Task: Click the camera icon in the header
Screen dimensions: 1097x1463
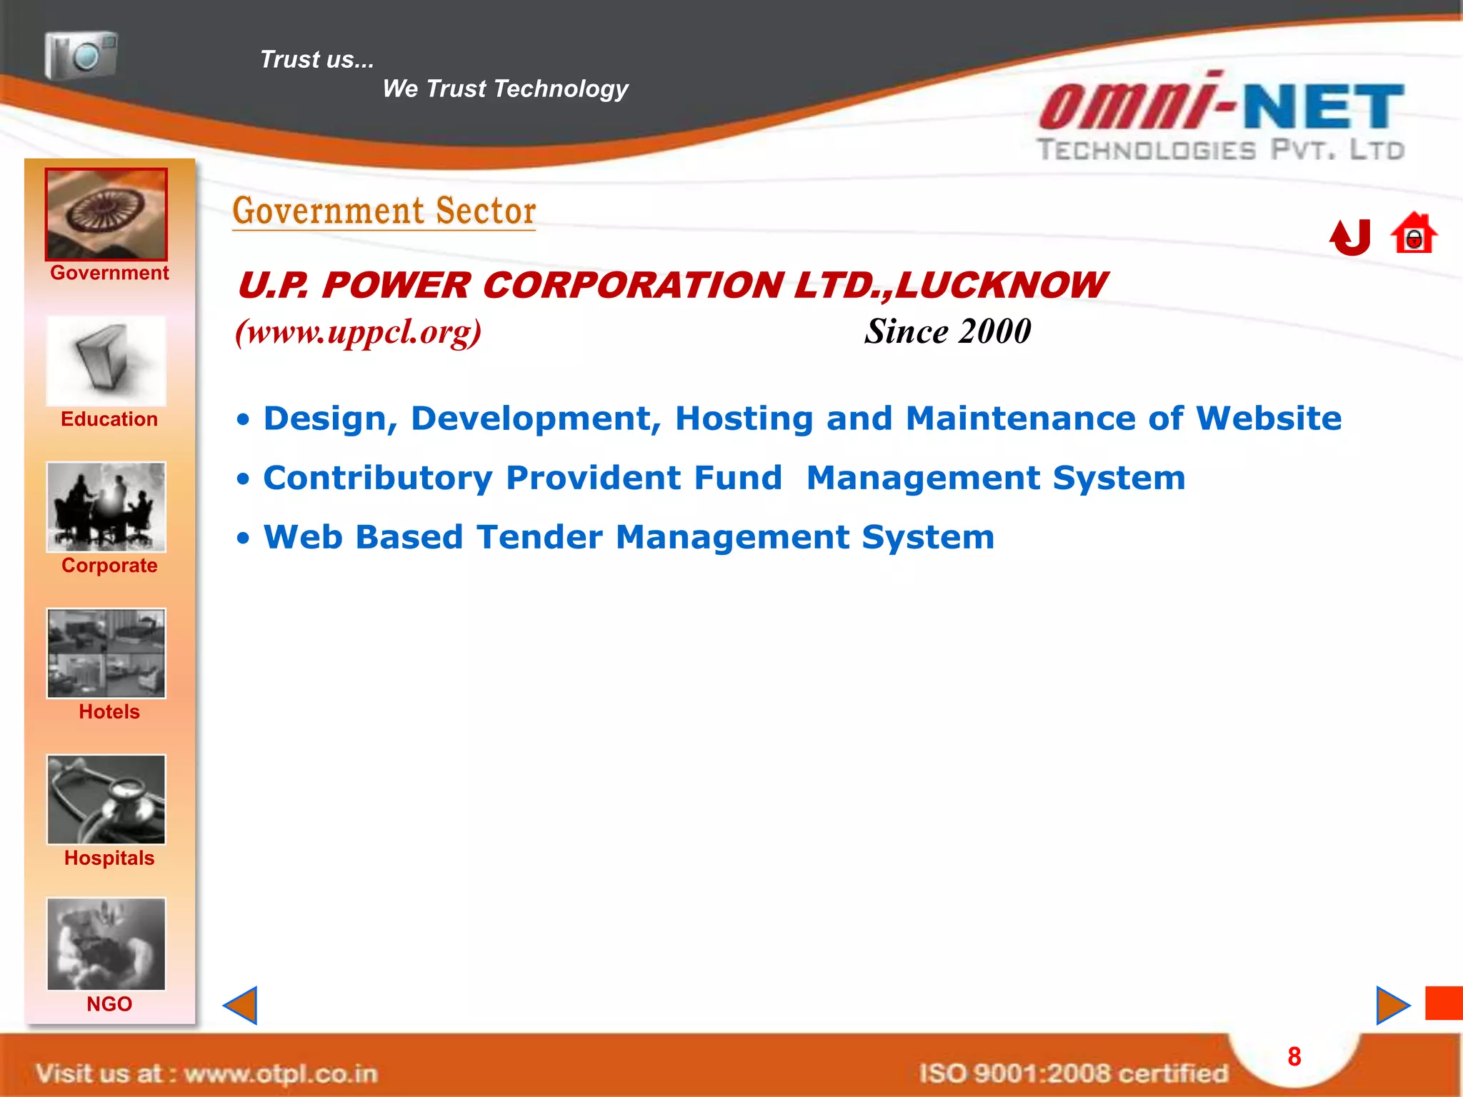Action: click(x=81, y=55)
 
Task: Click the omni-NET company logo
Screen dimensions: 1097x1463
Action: click(x=1222, y=118)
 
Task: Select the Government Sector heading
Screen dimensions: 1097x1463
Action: click(x=384, y=211)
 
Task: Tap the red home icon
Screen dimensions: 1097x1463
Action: click(x=1413, y=234)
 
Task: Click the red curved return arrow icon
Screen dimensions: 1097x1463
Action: click(x=1350, y=237)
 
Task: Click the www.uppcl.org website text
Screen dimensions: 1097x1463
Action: click(x=359, y=331)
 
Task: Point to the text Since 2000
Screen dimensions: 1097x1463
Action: click(x=947, y=331)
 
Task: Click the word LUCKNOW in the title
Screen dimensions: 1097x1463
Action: click(x=1000, y=286)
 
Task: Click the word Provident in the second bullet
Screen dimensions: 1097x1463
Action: click(x=644, y=478)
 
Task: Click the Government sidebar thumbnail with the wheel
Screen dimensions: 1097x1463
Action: click(x=106, y=214)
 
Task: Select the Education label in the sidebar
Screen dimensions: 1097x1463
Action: click(x=109, y=419)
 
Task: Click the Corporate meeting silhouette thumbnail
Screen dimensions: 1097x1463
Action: click(x=106, y=506)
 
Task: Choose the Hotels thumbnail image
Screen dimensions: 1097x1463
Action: click(x=106, y=653)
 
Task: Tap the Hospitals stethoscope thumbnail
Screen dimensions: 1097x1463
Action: click(x=106, y=799)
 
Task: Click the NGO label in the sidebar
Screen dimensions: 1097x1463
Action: click(x=109, y=1004)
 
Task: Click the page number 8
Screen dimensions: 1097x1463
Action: click(x=1294, y=1056)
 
